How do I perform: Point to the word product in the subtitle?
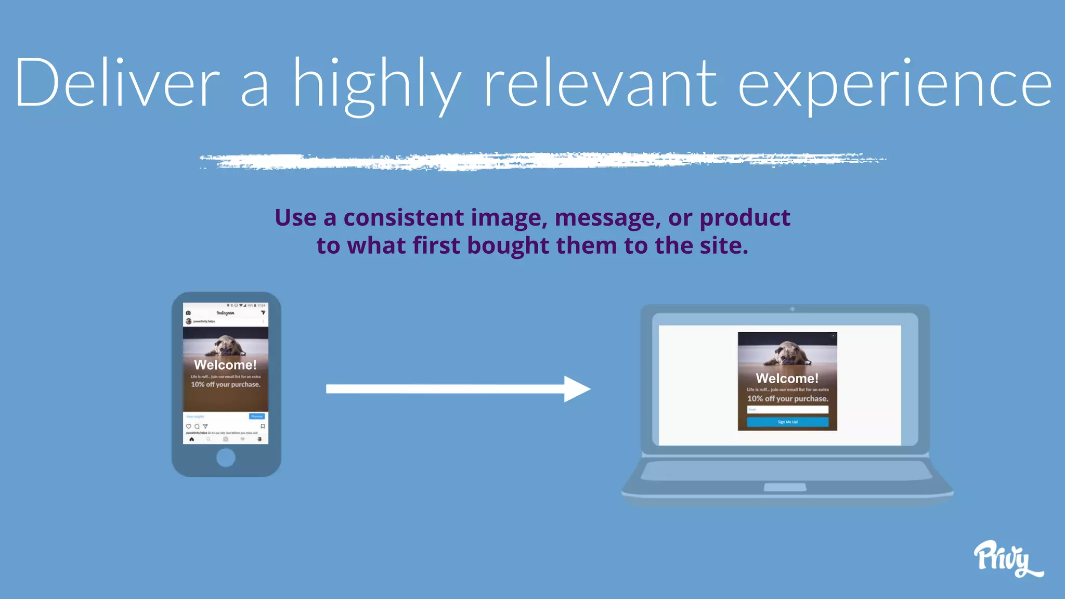pyautogui.click(x=745, y=218)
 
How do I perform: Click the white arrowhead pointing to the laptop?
pyautogui.click(x=576, y=389)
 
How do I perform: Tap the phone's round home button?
pyautogui.click(x=226, y=458)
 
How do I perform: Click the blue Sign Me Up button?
pyautogui.click(x=787, y=422)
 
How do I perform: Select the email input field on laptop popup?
pyautogui.click(x=787, y=410)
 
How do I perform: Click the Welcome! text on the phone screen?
pyautogui.click(x=225, y=364)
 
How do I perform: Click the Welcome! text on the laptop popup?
pyautogui.click(x=787, y=378)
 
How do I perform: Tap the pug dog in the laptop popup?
pyautogui.click(x=788, y=354)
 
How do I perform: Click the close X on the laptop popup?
pyautogui.click(x=833, y=336)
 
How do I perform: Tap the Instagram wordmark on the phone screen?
pyautogui.click(x=225, y=313)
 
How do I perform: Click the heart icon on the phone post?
pyautogui.click(x=189, y=426)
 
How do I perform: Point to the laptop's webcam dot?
pyautogui.click(x=792, y=309)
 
